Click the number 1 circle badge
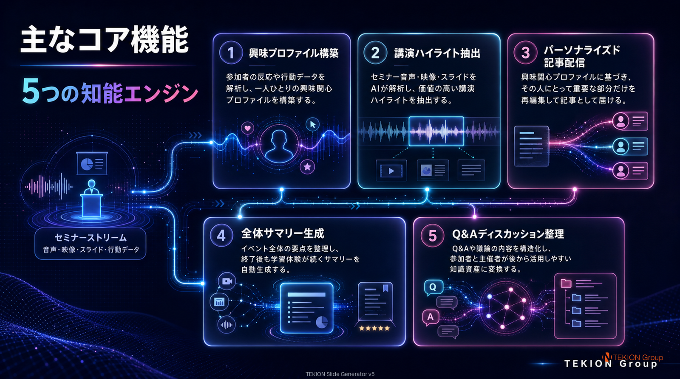point(231,53)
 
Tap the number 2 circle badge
point(375,53)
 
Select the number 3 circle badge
point(525,53)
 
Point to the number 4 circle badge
point(221,235)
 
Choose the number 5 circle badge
point(432,235)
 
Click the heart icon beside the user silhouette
point(247,128)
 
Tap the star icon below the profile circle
point(307,167)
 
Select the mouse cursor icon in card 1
point(312,124)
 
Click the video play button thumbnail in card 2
point(391,171)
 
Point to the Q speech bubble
point(433,287)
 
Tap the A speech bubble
point(431,317)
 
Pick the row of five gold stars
point(374,328)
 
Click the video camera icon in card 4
point(227,281)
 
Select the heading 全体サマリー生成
point(283,233)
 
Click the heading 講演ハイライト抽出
point(437,53)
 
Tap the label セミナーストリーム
point(91,237)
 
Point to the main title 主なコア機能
point(105,40)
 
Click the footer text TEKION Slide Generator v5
point(340,374)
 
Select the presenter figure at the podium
point(91,199)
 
